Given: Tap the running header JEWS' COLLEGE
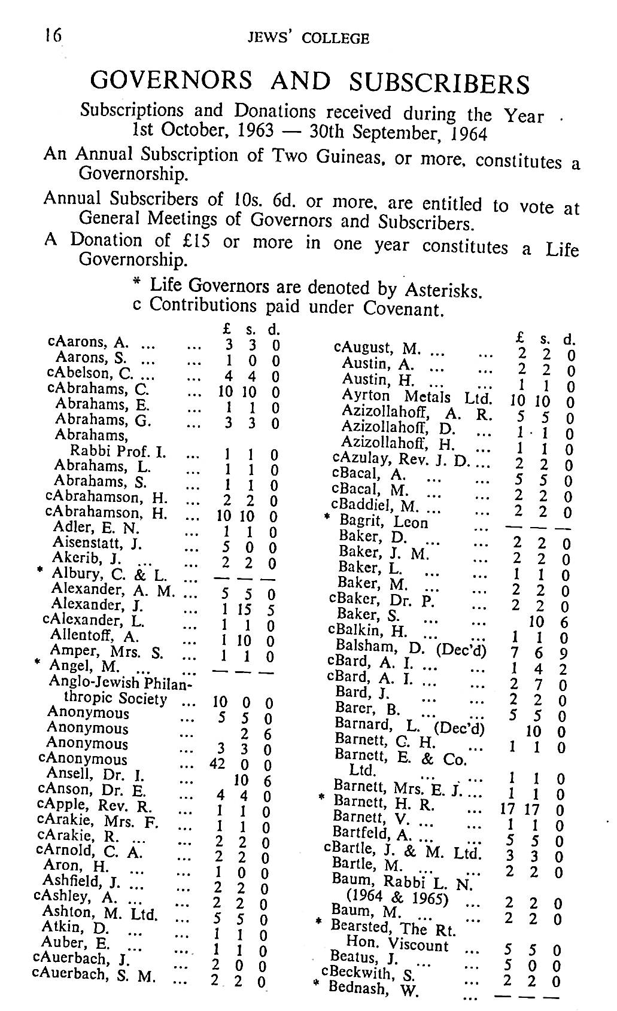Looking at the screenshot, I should click(x=308, y=38).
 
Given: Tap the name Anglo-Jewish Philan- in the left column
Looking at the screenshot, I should click(x=123, y=682).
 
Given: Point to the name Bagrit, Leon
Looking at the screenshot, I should click(x=384, y=522).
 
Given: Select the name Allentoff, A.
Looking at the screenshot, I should click(x=95, y=635).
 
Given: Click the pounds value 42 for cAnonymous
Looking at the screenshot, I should click(x=217, y=765).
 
